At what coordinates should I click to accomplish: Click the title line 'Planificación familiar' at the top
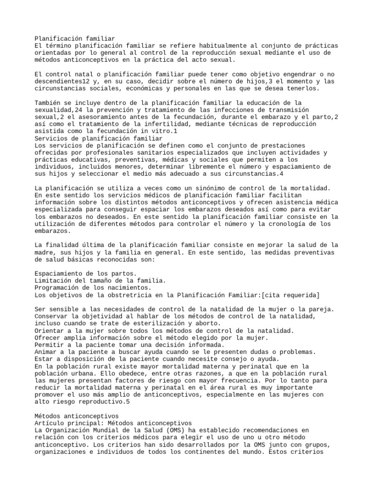[x=75, y=38]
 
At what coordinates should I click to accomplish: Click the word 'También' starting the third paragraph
[x=49, y=103]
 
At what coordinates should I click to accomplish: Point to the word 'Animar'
[x=47, y=352]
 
